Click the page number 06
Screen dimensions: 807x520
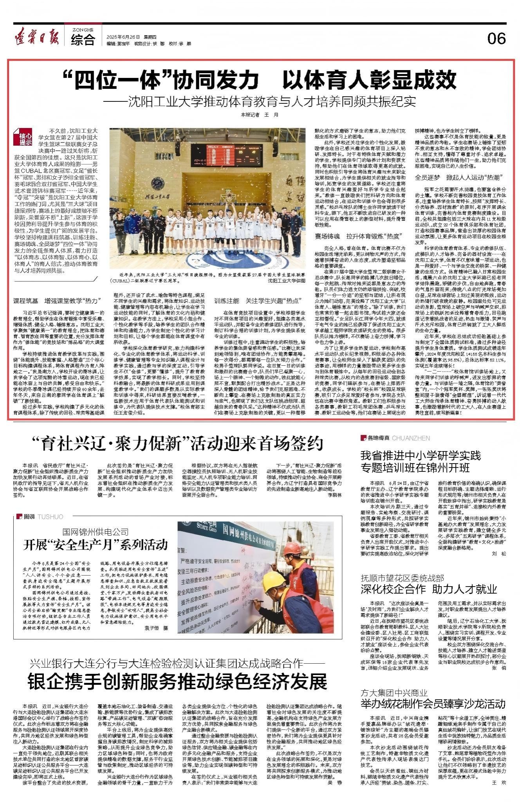(497, 38)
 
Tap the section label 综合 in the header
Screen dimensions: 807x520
(83, 40)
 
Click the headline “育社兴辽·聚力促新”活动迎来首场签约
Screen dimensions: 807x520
(178, 444)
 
